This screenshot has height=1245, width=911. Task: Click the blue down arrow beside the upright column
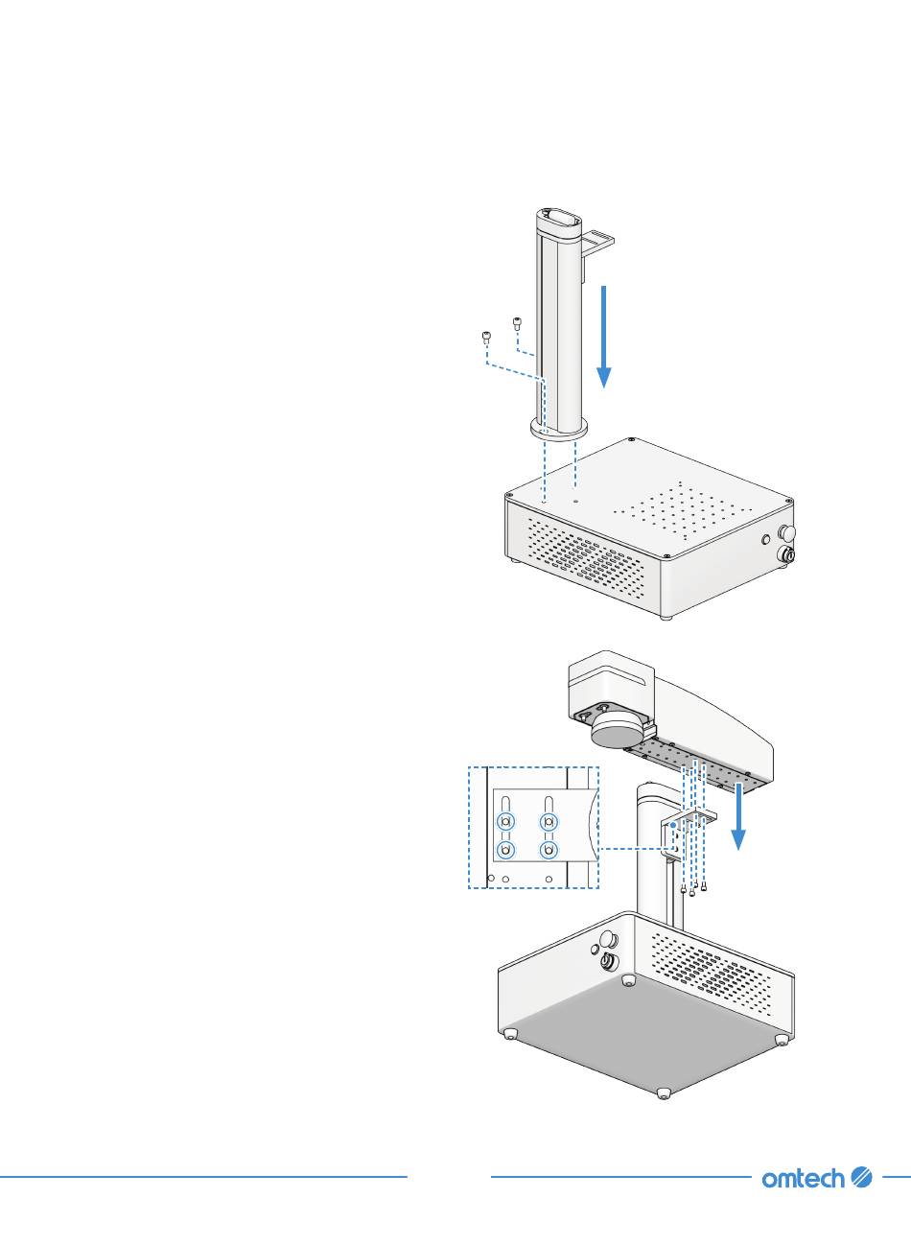(x=603, y=336)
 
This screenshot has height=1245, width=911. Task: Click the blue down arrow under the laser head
(x=738, y=816)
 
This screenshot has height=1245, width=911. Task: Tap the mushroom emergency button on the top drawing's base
(x=788, y=531)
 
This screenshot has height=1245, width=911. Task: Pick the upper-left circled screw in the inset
(x=506, y=821)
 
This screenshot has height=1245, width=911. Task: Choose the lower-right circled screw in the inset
(x=549, y=850)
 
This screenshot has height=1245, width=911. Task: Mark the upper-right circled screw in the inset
(x=549, y=821)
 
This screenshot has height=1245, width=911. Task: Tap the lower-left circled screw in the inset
(x=506, y=850)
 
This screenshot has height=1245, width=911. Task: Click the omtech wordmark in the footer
(x=804, y=1177)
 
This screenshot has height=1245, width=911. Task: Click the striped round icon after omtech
(x=861, y=1177)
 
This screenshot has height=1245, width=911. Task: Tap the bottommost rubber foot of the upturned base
(x=663, y=1092)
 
